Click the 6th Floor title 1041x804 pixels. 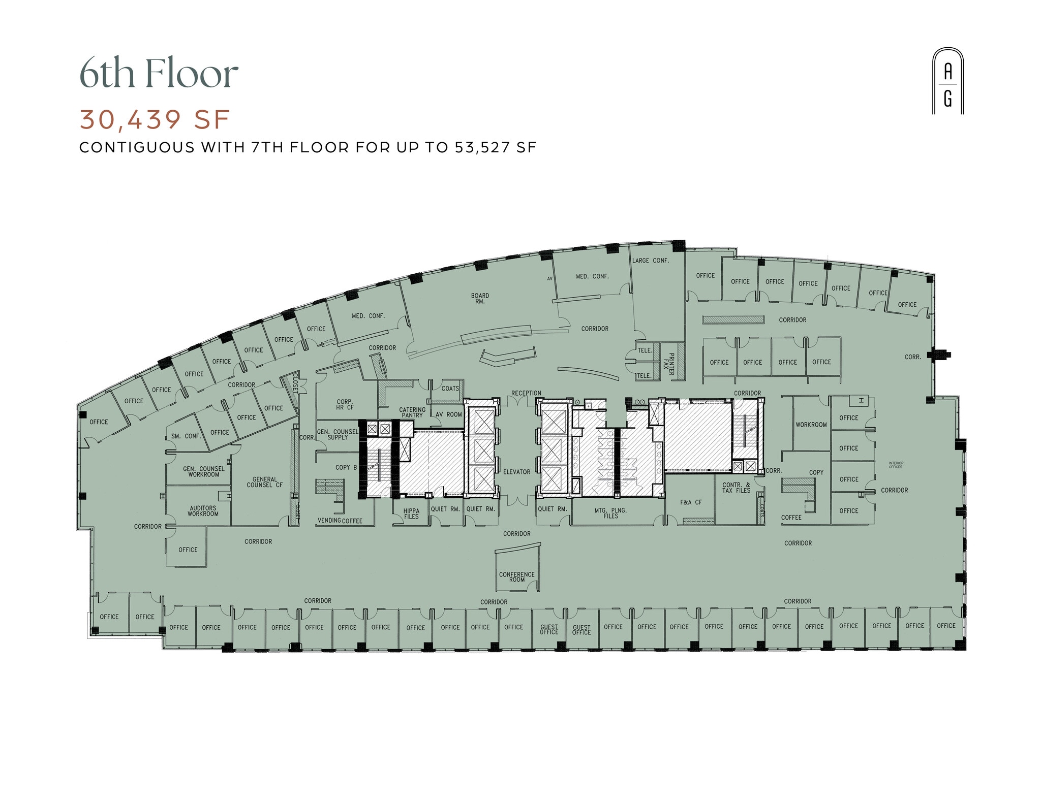(x=159, y=74)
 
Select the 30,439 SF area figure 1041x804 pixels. (x=155, y=120)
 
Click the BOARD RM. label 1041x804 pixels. (x=480, y=299)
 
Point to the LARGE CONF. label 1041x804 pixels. (x=651, y=261)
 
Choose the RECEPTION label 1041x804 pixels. (x=526, y=393)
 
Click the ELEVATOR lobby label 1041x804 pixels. (x=516, y=472)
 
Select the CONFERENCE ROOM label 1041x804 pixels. (x=516, y=577)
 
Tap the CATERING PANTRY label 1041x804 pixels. (x=412, y=412)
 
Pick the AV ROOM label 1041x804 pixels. (x=449, y=414)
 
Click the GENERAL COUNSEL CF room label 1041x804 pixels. (x=265, y=482)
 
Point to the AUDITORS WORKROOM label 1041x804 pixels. (x=203, y=511)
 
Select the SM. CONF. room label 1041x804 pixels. (x=186, y=436)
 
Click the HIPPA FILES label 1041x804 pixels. (x=411, y=514)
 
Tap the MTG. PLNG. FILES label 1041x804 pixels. (x=610, y=513)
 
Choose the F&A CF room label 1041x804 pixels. (x=691, y=502)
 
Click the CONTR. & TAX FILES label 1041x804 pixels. (x=736, y=488)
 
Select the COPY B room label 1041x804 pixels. (x=346, y=467)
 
